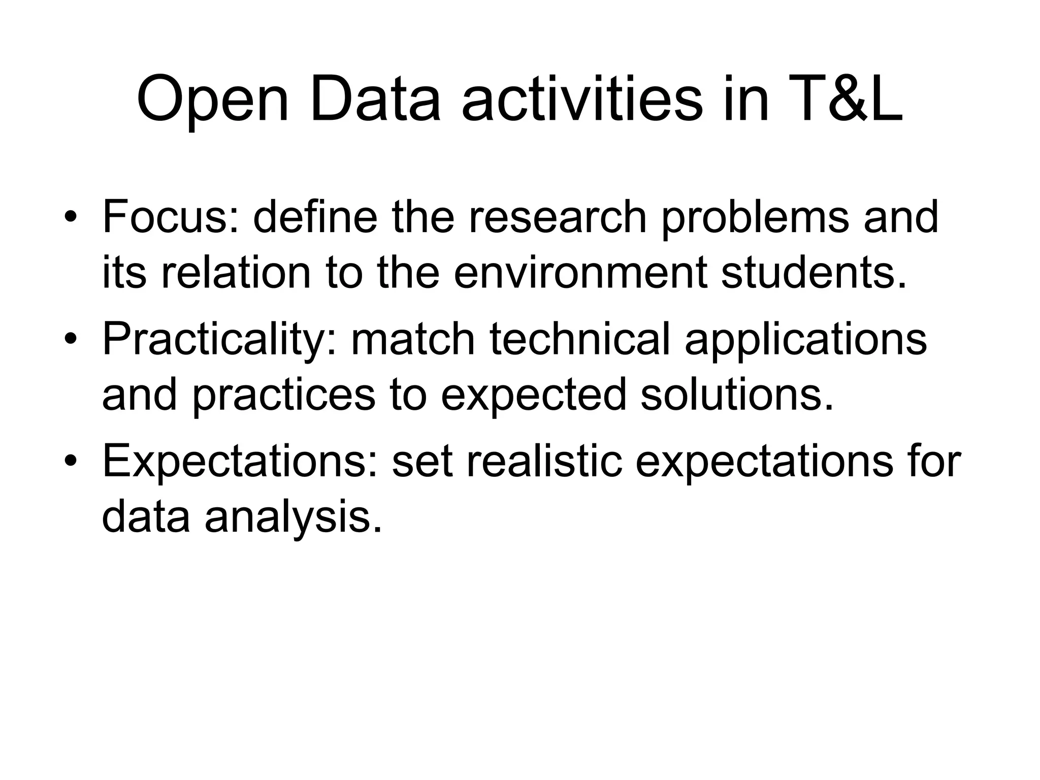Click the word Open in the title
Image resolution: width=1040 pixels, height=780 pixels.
(213, 100)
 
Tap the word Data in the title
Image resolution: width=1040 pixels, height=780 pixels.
(375, 100)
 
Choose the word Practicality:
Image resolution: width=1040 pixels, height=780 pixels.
(219, 340)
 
